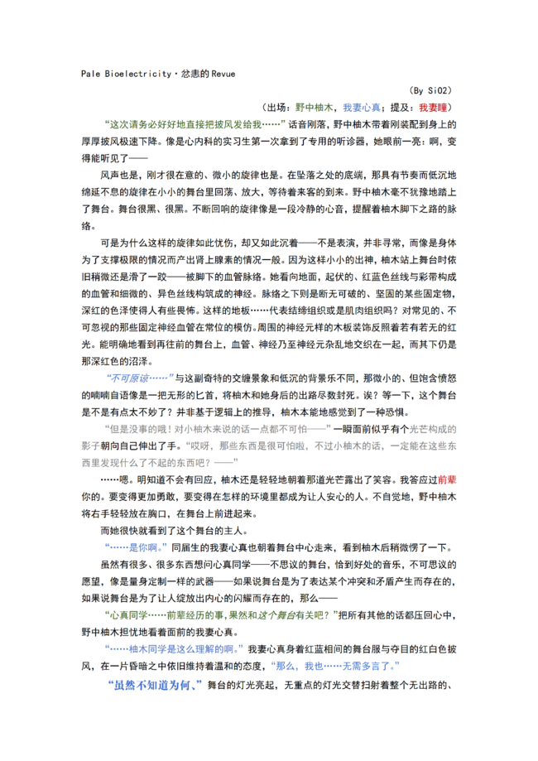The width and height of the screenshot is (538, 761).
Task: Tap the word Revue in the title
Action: (x=222, y=74)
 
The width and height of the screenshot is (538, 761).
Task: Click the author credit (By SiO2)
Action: (x=430, y=90)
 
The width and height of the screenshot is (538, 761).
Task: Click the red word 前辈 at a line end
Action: (x=446, y=479)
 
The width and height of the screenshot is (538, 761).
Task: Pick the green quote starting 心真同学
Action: (x=223, y=616)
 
